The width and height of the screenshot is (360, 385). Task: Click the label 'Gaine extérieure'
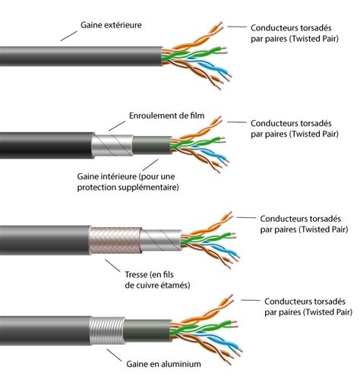click(x=111, y=25)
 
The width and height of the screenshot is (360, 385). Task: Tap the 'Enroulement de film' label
click(x=167, y=115)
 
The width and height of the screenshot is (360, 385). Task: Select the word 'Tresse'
click(x=136, y=274)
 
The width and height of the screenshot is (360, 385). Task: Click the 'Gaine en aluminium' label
click(x=163, y=364)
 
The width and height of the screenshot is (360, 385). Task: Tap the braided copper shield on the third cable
click(x=115, y=241)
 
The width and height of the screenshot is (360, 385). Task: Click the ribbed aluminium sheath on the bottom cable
click(x=108, y=330)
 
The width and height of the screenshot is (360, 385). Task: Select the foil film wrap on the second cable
click(x=112, y=146)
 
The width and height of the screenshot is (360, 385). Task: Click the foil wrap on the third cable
click(x=161, y=240)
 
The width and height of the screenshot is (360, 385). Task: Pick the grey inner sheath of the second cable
click(x=152, y=145)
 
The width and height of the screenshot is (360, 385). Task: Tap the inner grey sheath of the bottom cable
click(x=147, y=330)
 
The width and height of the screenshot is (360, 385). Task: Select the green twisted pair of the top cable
click(x=194, y=54)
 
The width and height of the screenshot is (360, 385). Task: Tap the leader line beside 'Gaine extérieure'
click(x=69, y=36)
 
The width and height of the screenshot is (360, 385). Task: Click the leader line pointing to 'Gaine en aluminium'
click(x=114, y=355)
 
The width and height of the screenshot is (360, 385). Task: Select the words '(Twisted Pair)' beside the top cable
click(x=314, y=39)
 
